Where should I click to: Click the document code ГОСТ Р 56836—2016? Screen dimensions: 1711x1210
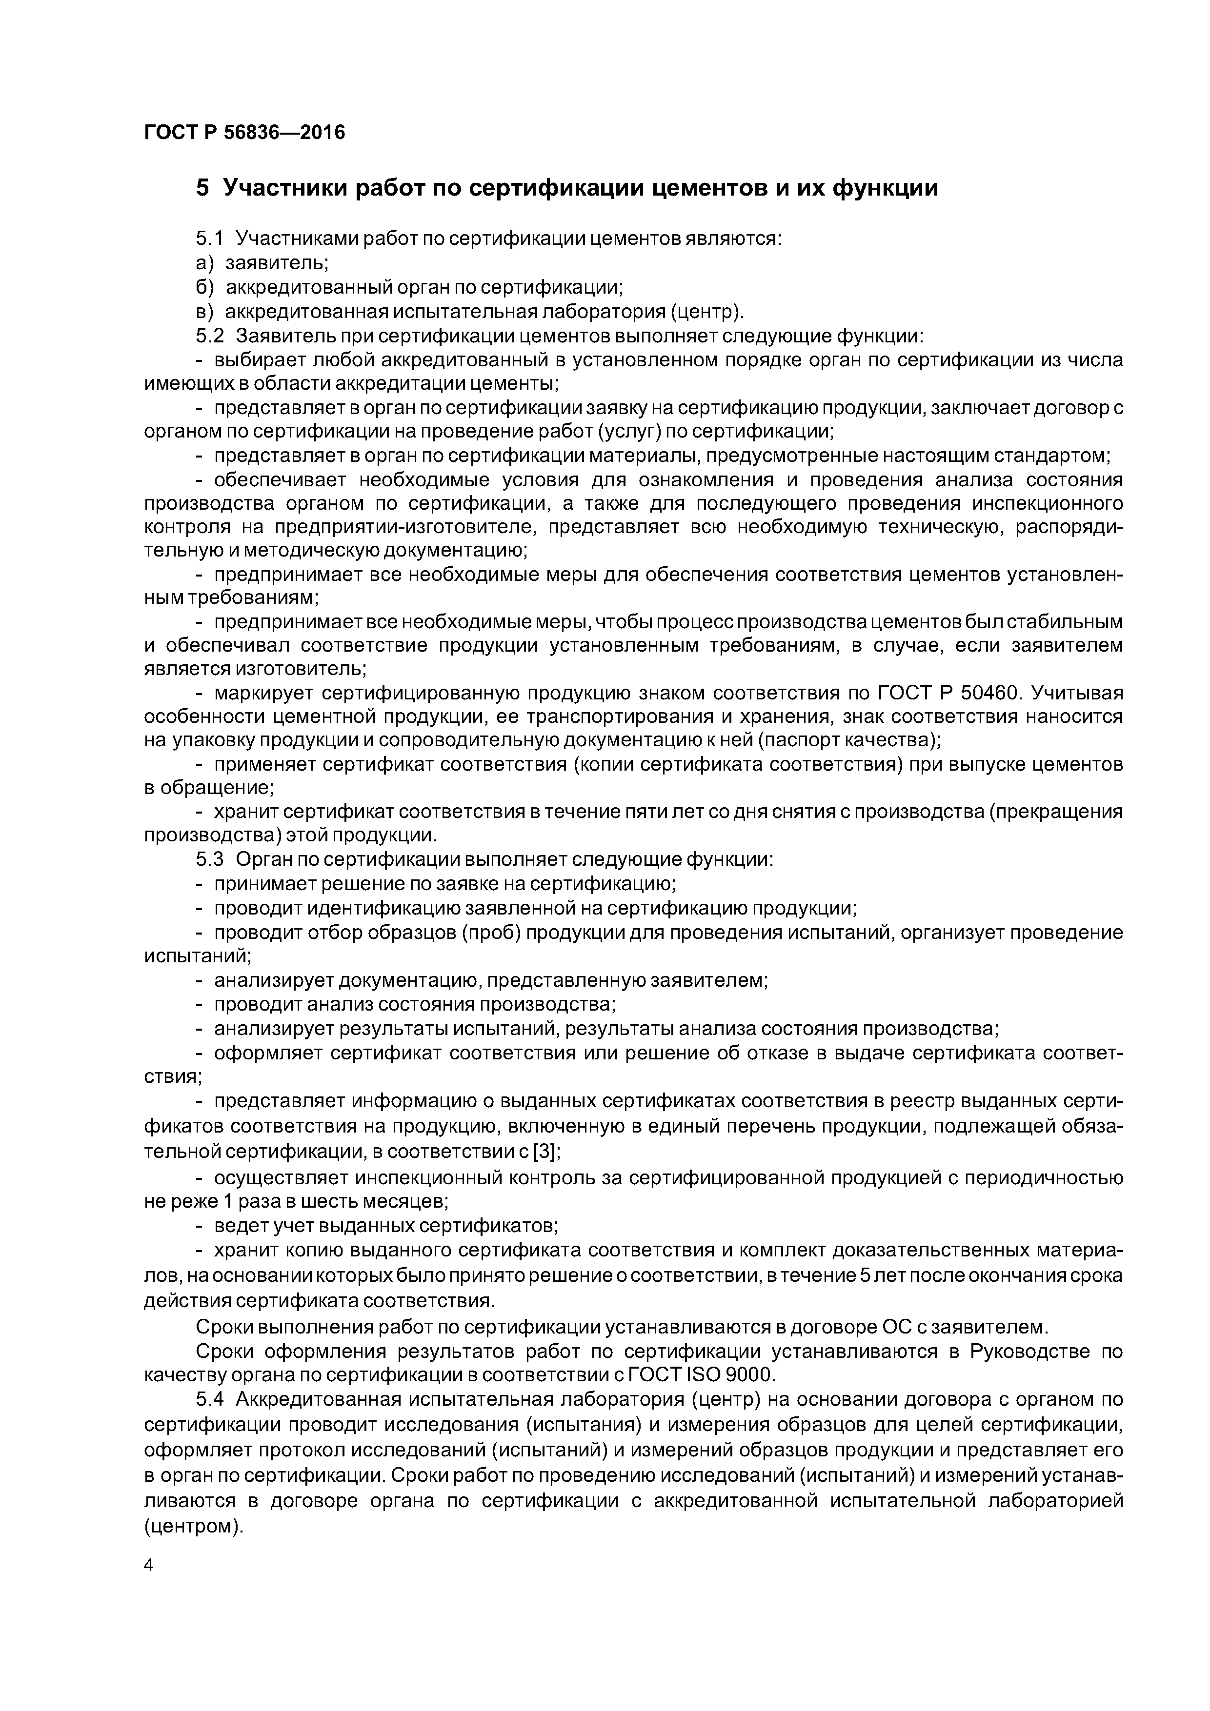pos(244,133)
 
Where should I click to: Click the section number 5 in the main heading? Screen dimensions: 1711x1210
pos(202,188)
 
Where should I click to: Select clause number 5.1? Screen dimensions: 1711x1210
pos(209,239)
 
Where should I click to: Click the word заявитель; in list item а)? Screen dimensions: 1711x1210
pos(277,263)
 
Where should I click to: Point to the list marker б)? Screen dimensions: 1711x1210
pos(204,287)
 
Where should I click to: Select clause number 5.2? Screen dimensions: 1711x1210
pos(209,336)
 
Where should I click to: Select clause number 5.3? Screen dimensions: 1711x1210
pos(209,859)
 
